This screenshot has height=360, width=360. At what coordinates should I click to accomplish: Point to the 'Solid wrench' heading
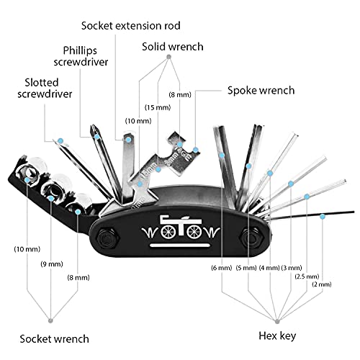(x=173, y=46)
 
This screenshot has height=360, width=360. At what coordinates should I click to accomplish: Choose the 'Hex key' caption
(x=279, y=336)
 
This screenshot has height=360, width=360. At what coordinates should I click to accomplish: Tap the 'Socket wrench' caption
(x=54, y=338)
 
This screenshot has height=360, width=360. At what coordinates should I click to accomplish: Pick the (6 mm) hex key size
(x=221, y=268)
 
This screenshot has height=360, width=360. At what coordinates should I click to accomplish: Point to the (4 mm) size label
(x=269, y=268)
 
